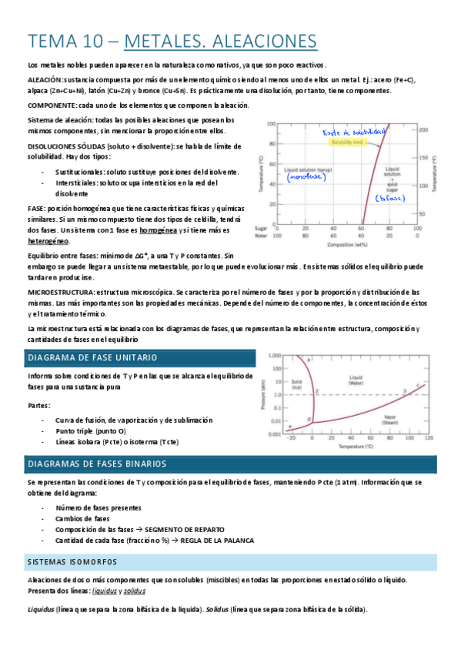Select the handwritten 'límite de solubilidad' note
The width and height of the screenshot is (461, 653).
tap(352, 132)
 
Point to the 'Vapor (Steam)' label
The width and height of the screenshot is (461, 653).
tap(356, 418)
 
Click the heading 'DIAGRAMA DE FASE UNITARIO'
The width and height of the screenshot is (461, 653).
tap(92, 358)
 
